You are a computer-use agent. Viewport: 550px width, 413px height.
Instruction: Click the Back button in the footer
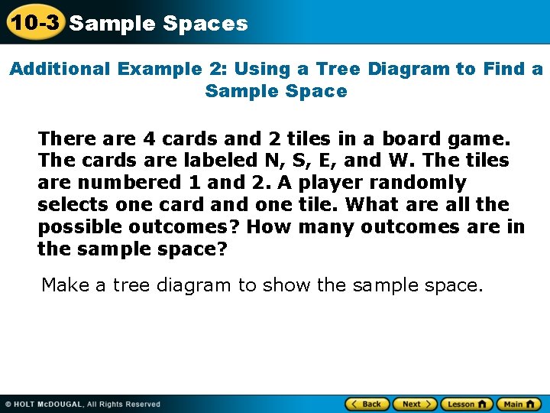367,404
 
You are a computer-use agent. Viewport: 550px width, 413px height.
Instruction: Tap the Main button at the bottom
519,404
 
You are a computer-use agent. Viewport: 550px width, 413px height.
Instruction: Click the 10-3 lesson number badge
34,22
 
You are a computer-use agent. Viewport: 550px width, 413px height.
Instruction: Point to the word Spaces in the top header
205,24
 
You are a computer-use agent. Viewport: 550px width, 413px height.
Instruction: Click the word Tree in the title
338,69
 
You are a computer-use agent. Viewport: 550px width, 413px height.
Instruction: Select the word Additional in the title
60,69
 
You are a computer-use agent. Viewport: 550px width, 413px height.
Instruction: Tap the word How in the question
270,227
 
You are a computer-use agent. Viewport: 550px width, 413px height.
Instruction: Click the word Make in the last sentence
65,285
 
